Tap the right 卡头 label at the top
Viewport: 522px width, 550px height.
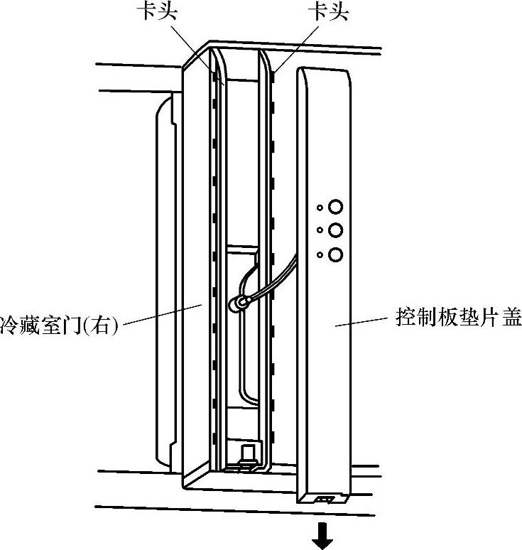click(x=327, y=13)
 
